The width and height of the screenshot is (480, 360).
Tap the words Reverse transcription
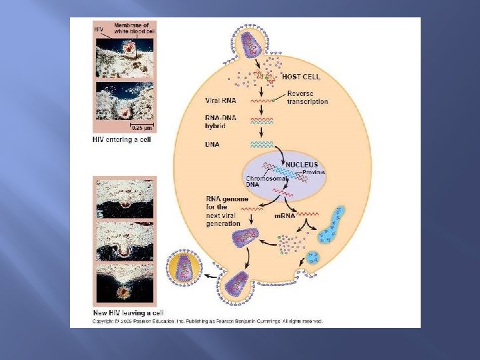[x=307, y=98]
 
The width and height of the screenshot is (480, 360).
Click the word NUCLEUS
[x=301, y=164]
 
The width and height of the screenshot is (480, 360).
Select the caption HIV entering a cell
[x=122, y=139]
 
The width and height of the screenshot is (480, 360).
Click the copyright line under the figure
[x=207, y=321]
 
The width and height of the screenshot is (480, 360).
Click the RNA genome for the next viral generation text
[x=224, y=211]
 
